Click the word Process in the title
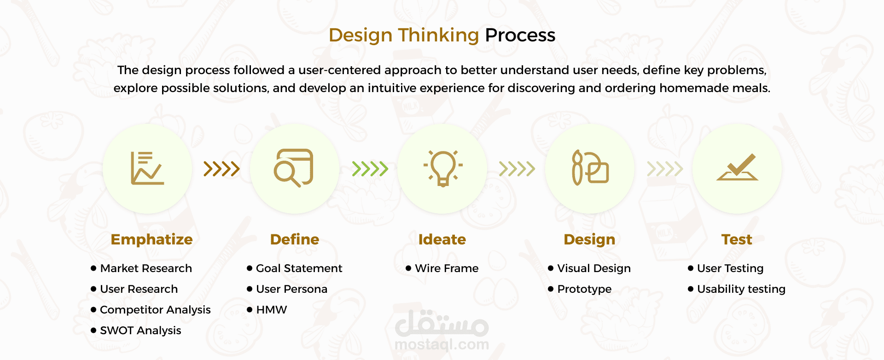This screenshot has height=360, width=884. tap(520, 35)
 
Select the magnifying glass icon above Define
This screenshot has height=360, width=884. tap(293, 168)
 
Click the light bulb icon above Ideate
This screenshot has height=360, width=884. tap(443, 168)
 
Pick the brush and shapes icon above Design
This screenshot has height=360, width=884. tap(590, 168)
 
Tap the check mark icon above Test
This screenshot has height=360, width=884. tap(737, 167)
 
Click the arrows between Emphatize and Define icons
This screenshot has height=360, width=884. tap(221, 169)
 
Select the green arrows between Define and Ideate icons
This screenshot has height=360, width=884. tap(370, 169)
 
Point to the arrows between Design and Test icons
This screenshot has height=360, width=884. tap(665, 169)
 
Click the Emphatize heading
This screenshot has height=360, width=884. tap(151, 239)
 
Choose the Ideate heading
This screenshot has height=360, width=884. tap(442, 239)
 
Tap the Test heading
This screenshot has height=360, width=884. tap(737, 239)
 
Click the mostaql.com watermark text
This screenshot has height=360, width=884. tap(442, 344)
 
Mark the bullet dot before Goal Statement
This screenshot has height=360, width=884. tap(250, 268)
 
